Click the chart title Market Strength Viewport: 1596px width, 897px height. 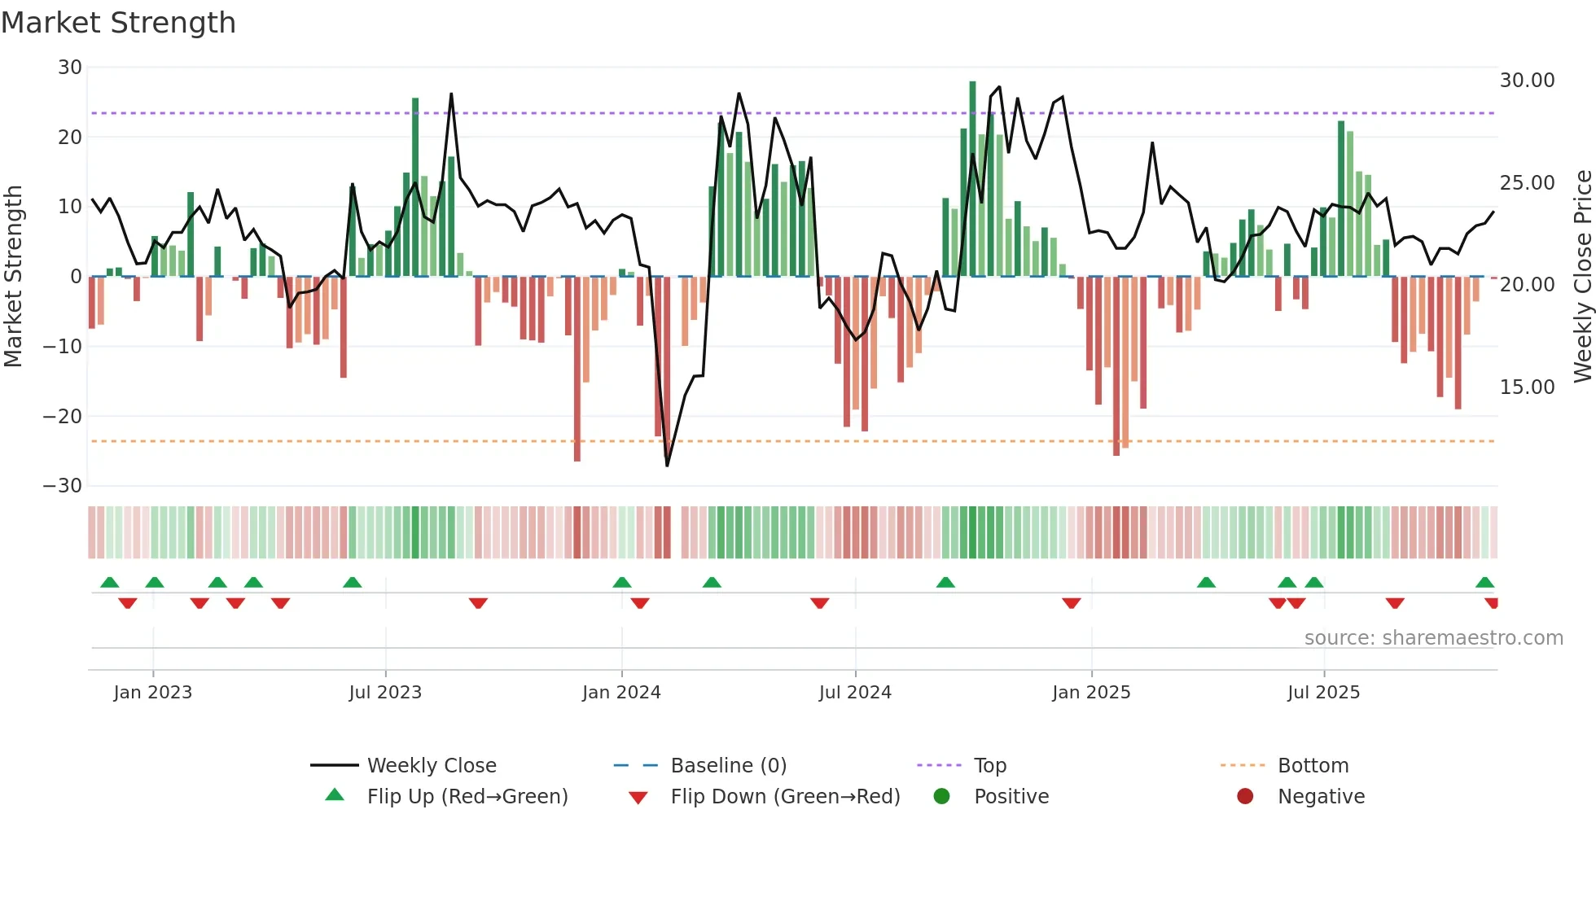tap(119, 23)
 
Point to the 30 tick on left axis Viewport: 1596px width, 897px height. tap(70, 68)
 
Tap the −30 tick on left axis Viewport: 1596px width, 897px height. tap(63, 486)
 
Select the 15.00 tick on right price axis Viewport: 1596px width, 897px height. tap(1527, 387)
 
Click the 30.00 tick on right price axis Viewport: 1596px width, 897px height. tap(1527, 81)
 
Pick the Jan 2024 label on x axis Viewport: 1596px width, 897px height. tap(621, 693)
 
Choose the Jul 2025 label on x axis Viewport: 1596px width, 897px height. tap(1323, 693)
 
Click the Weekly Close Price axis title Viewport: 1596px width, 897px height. tap(1582, 277)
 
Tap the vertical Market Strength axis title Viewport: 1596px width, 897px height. tap(13, 277)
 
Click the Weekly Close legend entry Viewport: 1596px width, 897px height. tap(432, 766)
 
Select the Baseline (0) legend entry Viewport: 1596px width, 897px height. tap(728, 766)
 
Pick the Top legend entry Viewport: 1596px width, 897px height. tap(990, 766)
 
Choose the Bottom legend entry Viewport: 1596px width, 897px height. tap(1313, 766)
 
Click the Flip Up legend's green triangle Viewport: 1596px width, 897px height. tap(335, 795)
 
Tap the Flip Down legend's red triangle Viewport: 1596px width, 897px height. tap(638, 798)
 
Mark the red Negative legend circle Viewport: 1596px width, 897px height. tap(1245, 796)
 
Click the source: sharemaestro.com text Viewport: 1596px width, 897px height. tap(1433, 638)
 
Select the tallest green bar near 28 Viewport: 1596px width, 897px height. tap(972, 179)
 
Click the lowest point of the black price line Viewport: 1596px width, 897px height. tap(667, 466)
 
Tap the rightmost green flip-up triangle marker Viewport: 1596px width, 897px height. tap(1484, 583)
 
